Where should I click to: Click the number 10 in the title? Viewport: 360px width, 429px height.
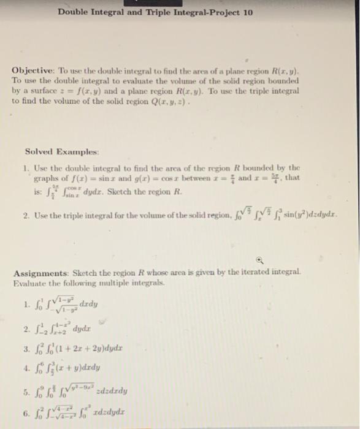(x=247, y=12)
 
